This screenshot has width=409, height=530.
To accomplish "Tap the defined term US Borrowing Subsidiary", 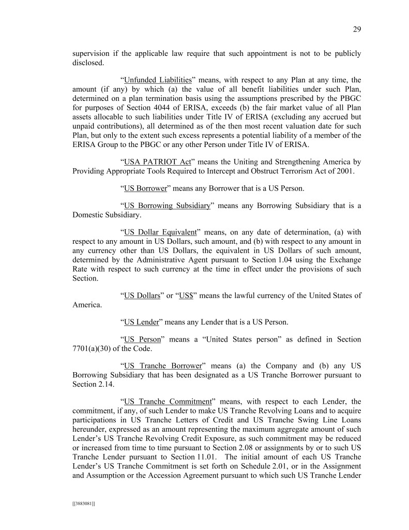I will point(168,205).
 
